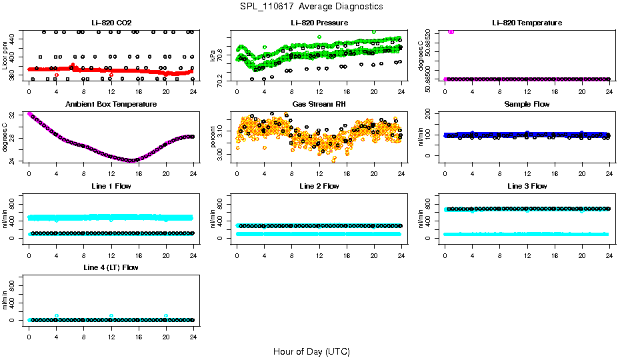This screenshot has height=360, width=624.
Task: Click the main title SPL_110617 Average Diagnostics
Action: point(312,6)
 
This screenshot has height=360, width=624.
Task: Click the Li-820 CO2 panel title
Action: point(111,23)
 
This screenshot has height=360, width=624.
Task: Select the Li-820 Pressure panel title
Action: point(319,23)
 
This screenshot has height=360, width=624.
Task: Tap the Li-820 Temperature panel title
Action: point(527,23)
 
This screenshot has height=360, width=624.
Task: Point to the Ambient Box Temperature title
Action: point(111,104)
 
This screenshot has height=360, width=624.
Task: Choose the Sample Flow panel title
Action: point(527,104)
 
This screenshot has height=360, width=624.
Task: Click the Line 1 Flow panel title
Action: point(111,185)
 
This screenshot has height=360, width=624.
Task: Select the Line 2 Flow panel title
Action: point(319,185)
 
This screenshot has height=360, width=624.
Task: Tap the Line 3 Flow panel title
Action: point(527,185)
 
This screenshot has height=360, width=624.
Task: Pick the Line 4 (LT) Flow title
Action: point(111,267)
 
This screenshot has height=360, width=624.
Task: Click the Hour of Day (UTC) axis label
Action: point(311,351)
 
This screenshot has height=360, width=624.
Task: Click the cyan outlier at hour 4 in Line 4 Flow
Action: point(57,316)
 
